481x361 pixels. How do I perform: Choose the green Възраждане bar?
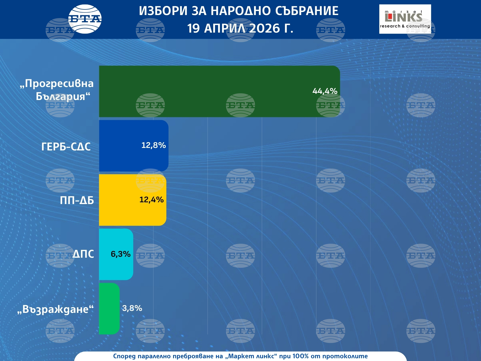pos(109,309)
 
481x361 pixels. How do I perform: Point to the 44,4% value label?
pos(325,91)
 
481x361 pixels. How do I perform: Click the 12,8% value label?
pos(154,145)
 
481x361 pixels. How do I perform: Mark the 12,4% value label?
pos(151,200)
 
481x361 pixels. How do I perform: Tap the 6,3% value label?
pos(121,254)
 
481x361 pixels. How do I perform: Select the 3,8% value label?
pos(132,308)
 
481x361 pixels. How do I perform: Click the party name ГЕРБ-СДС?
pos(66,147)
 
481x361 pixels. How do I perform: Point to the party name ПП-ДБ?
pos(77,200)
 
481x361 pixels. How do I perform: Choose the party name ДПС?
pos(83,254)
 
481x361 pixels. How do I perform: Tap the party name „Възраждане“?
pos(55,309)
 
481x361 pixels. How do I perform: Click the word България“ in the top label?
pos(63,97)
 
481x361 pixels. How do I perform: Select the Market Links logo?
pos(405,19)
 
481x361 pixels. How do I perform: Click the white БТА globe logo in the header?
pos(85,19)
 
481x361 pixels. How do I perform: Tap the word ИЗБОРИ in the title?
pos(163,11)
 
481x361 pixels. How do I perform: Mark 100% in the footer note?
pos(300,356)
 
